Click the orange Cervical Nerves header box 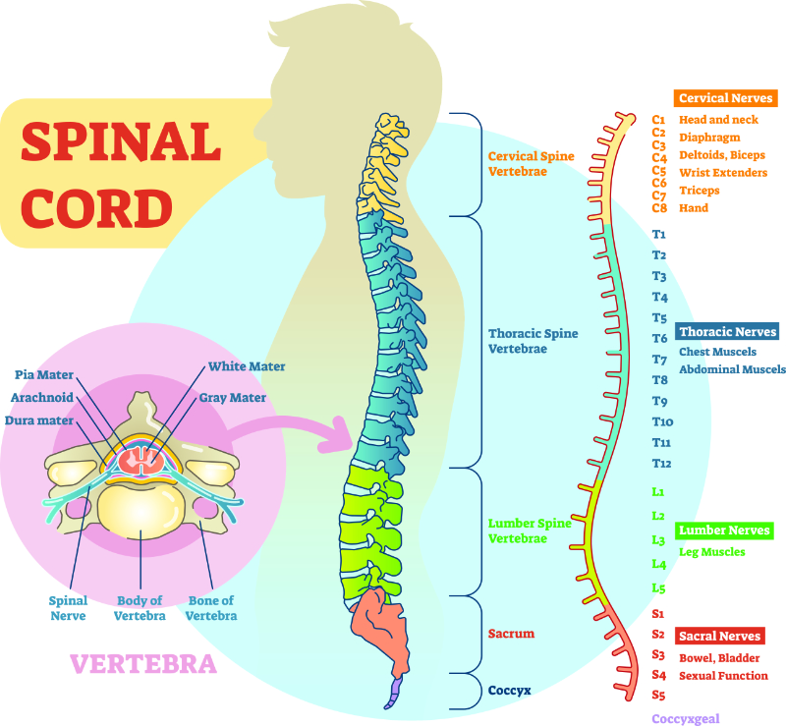(x=725, y=98)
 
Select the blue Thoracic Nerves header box (x=727, y=332)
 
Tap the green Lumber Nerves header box (x=724, y=531)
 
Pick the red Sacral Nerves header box (x=719, y=637)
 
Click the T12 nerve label (x=661, y=464)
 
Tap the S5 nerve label (x=658, y=696)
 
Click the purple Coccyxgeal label (x=692, y=719)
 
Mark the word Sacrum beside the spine (x=511, y=634)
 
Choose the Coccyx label (x=510, y=690)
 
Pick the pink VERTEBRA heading (x=143, y=664)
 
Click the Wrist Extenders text (x=723, y=173)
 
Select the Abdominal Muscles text (x=732, y=369)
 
